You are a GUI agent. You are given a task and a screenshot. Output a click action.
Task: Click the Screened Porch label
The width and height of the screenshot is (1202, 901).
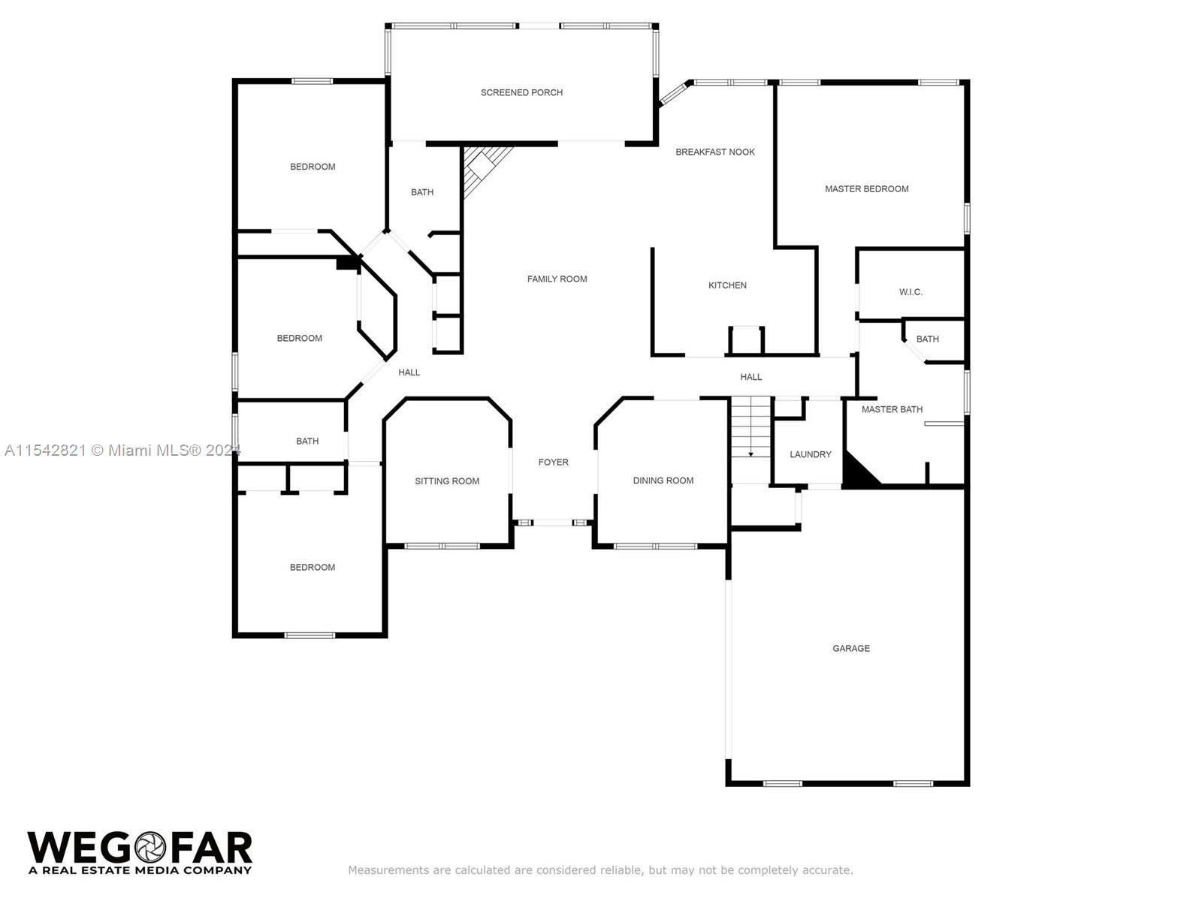521,92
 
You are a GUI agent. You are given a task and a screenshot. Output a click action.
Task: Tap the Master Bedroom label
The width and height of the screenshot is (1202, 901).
866,188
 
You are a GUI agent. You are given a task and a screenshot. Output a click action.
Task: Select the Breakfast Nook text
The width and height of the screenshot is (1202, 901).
714,152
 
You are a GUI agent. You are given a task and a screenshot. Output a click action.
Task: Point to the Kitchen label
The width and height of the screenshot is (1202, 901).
726,285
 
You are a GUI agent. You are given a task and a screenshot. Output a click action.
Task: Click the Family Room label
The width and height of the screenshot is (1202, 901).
557,279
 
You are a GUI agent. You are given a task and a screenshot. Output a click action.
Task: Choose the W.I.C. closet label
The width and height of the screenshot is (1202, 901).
910,292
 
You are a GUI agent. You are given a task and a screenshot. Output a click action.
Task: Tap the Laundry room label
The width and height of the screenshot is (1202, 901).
810,454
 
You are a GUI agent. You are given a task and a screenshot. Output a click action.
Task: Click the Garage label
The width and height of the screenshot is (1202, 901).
850,648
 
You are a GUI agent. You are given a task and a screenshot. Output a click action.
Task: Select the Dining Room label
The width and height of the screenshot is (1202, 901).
663,481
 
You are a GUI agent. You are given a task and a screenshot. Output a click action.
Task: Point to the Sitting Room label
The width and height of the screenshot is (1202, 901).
446,481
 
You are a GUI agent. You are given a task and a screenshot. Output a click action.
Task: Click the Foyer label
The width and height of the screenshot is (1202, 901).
553,463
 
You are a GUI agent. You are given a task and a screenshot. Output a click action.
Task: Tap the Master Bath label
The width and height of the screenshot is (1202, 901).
892,409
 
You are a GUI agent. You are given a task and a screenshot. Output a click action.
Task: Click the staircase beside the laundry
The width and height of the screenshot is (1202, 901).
750,426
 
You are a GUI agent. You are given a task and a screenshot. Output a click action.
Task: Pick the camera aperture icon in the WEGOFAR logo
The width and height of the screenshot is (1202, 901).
150,848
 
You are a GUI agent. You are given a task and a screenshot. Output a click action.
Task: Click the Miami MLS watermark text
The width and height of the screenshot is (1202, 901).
122,450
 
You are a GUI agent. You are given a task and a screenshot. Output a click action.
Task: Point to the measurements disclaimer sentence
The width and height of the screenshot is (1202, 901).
600,869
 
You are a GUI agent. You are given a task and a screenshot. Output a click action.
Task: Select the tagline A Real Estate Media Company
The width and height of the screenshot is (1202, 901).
140,870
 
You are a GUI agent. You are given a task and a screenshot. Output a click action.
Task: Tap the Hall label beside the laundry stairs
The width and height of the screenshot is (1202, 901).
750,377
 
